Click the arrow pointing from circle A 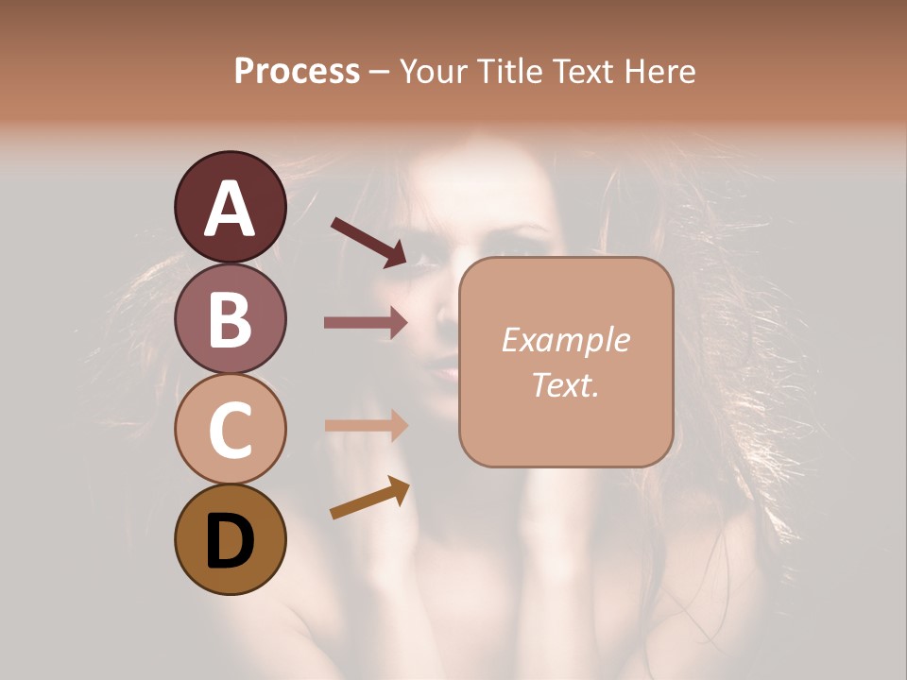pos(368,241)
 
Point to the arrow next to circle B pos(366,323)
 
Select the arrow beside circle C pos(366,425)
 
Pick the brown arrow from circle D pos(369,499)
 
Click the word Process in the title pos(297,71)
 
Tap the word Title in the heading pos(505,71)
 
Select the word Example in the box pos(565,340)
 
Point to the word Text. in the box pos(565,384)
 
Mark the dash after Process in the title pos(379,72)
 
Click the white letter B pos(230,319)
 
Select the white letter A pos(230,208)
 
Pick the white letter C pos(230,431)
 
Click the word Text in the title pos(583,71)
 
